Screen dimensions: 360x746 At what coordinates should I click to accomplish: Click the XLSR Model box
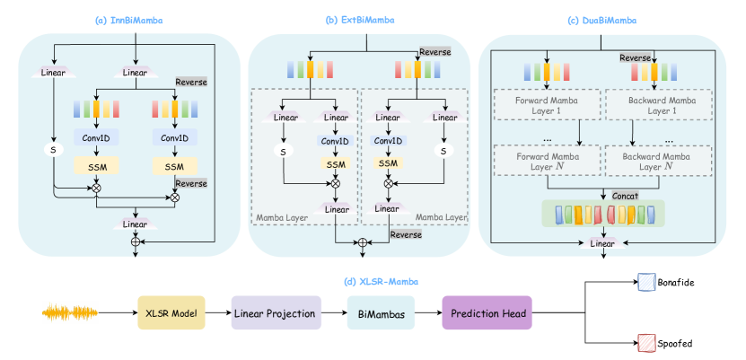pos(171,313)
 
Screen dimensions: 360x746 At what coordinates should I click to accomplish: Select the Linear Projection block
pos(275,313)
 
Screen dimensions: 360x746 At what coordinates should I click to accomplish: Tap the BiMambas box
pos(380,313)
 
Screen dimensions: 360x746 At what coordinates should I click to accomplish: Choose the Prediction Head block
pos(487,313)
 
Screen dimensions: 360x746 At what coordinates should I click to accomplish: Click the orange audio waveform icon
pos(71,312)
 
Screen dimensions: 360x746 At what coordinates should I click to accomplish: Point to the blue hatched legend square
pos(646,283)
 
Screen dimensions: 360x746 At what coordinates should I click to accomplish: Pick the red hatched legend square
pos(646,342)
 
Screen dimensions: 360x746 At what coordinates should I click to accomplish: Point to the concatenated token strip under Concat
pos(603,215)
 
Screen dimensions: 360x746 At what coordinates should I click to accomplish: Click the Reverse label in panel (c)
pos(636,58)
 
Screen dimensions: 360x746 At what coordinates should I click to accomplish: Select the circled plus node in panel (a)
pos(136,241)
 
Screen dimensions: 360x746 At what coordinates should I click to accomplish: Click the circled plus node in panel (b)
pos(363,241)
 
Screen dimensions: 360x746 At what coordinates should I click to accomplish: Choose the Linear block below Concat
pos(602,242)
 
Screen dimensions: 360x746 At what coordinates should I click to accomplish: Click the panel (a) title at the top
pos(135,19)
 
